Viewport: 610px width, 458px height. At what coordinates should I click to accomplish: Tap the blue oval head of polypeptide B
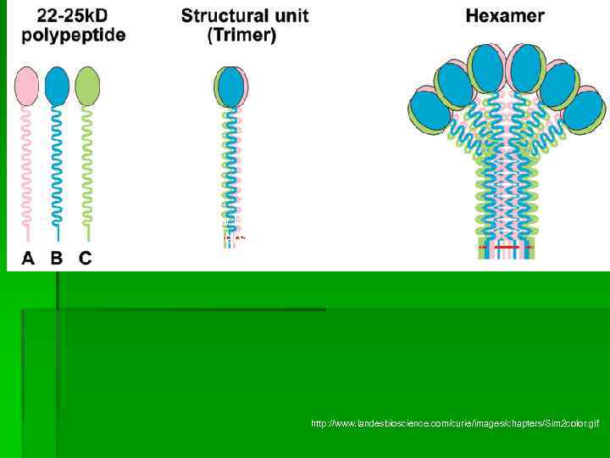click(57, 87)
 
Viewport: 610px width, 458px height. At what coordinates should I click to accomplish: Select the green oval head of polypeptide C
click(86, 87)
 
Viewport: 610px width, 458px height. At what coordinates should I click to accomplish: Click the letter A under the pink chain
click(28, 259)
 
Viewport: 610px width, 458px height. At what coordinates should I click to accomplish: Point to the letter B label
click(57, 259)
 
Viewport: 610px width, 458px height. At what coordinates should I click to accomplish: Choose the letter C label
click(86, 259)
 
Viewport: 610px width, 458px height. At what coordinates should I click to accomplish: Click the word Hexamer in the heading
click(505, 15)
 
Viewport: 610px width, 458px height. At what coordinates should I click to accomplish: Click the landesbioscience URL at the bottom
click(454, 422)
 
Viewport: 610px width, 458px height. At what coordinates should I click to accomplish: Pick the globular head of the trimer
click(230, 87)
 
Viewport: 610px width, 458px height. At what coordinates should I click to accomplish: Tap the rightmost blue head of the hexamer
click(584, 111)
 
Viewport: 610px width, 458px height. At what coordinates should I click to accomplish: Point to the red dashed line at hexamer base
click(506, 247)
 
